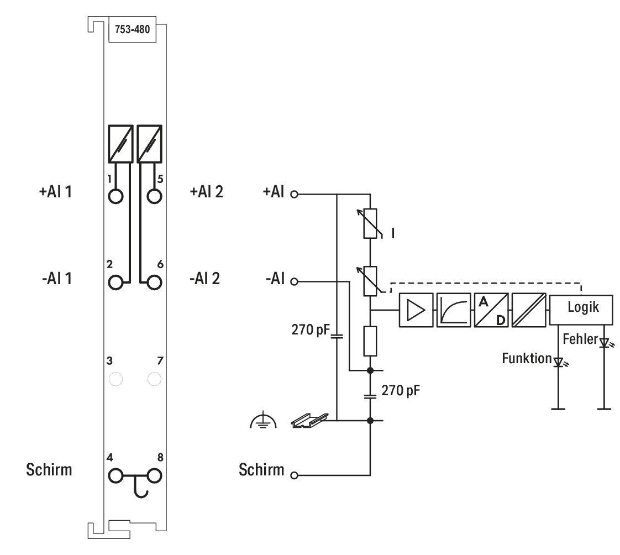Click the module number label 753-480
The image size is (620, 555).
click(x=132, y=29)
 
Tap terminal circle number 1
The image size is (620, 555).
click(x=115, y=196)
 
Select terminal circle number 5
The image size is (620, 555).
click(x=154, y=196)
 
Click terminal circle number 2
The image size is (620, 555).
click(x=115, y=282)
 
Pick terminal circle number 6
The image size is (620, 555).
click(x=154, y=282)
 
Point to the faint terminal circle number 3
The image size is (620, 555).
click(x=115, y=379)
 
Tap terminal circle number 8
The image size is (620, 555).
click(x=154, y=476)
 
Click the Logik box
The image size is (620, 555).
click(x=581, y=310)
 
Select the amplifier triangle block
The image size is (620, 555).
click(x=416, y=310)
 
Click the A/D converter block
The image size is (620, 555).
click(x=491, y=310)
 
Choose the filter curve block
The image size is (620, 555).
click(x=454, y=310)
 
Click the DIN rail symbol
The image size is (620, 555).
click(x=309, y=420)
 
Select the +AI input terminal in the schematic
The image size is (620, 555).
click(x=294, y=194)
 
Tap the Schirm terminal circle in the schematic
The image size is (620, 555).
click(x=294, y=475)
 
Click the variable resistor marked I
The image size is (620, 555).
click(x=370, y=223)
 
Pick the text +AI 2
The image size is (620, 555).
click(x=207, y=192)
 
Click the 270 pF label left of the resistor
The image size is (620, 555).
click(x=311, y=329)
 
